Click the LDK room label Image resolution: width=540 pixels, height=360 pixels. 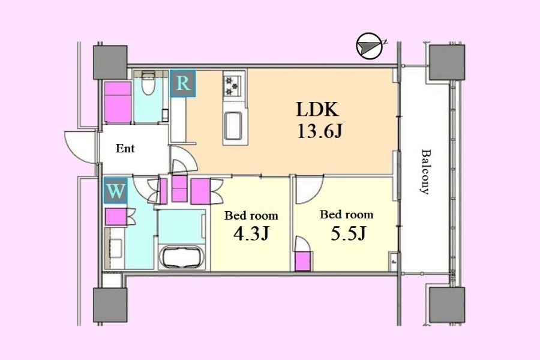pyautogui.click(x=317, y=110)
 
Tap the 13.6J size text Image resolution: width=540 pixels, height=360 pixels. pyautogui.click(x=320, y=131)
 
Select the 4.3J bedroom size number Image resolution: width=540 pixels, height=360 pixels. pyautogui.click(x=251, y=234)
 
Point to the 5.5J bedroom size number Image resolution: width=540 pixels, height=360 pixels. pyautogui.click(x=348, y=233)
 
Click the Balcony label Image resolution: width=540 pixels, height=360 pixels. pyautogui.click(x=427, y=172)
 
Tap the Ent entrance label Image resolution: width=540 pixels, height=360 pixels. pyautogui.click(x=125, y=148)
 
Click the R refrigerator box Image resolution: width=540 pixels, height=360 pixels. pyautogui.click(x=183, y=83)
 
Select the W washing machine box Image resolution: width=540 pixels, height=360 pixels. pyautogui.click(x=115, y=191)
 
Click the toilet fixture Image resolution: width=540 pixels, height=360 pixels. pyautogui.click(x=148, y=83)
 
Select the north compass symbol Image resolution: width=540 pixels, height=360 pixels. pyautogui.click(x=370, y=46)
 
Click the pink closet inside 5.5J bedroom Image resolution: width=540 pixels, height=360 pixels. pyautogui.click(x=304, y=261)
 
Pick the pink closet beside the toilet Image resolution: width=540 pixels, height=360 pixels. pyautogui.click(x=118, y=103)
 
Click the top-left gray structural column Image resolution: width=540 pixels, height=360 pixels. pyautogui.click(x=110, y=62)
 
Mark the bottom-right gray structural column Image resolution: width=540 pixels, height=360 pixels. pyautogui.click(x=448, y=305)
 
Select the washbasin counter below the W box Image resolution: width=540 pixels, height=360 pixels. pyautogui.click(x=115, y=248)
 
